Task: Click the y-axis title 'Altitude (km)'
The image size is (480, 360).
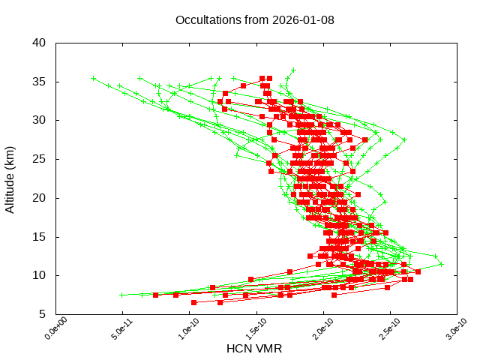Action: (10, 178)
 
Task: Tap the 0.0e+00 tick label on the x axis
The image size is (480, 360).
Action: (46, 330)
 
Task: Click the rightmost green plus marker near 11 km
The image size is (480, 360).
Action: (441, 264)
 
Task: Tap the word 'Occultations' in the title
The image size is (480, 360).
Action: (206, 19)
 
